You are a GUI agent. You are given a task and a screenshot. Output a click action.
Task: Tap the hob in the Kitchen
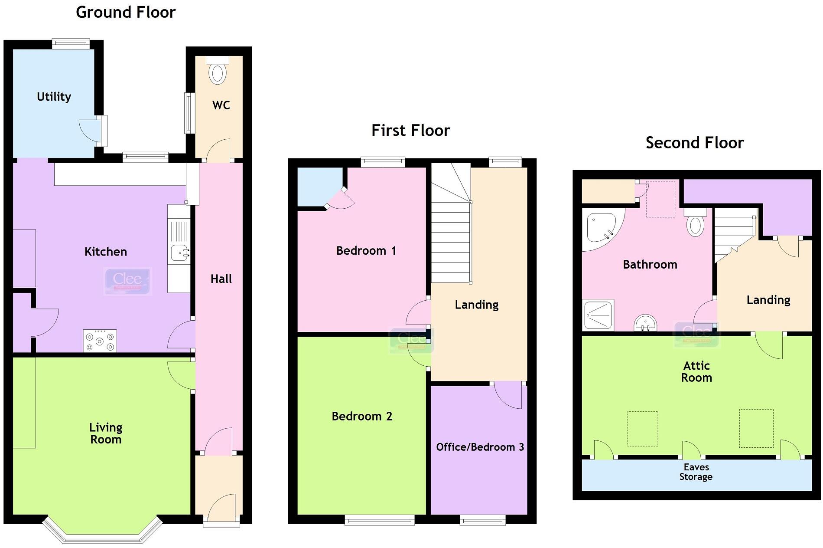100,341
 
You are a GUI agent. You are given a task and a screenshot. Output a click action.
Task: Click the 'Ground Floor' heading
126,12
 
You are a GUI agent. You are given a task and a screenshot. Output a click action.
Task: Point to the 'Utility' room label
54,97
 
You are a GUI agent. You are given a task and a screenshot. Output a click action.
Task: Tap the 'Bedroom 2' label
362,417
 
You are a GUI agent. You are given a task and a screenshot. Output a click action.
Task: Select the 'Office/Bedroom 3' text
480,447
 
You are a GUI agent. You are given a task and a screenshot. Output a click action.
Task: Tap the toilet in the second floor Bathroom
695,224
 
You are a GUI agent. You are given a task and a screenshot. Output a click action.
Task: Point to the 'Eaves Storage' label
696,472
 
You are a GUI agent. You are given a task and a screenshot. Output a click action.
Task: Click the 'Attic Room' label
696,372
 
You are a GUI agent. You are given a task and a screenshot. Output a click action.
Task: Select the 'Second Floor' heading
694,143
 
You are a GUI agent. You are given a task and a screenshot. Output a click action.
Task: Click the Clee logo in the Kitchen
127,280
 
